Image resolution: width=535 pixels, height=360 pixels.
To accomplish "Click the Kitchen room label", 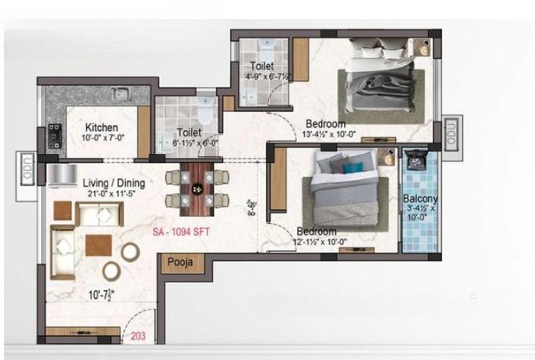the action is click(102, 128).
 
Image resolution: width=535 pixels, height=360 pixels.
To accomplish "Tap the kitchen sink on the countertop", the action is click(121, 93).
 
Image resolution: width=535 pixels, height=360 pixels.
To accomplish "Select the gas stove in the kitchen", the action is click(55, 136).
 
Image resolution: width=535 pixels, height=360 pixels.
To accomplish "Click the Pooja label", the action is click(180, 262).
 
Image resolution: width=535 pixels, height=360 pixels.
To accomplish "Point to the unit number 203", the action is click(138, 336).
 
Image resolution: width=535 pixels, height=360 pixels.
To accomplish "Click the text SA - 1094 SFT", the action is click(181, 232).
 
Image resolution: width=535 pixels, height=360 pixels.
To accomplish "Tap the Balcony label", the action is click(421, 198).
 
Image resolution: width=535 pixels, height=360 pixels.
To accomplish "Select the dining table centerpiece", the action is click(197, 189).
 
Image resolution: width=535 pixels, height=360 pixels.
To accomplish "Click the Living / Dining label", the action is click(114, 183).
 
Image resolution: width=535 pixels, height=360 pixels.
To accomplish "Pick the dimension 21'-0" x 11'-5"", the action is click(111, 194).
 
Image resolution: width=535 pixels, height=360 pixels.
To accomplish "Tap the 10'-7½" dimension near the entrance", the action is click(102, 295).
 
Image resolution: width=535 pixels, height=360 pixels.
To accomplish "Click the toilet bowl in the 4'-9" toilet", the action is click(267, 50).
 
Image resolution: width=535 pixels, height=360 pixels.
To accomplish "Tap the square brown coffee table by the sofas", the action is click(99, 245).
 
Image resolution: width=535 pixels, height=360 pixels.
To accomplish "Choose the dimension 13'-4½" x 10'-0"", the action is click(329, 134).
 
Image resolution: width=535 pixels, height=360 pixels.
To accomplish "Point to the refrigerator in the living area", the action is click(62, 176).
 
